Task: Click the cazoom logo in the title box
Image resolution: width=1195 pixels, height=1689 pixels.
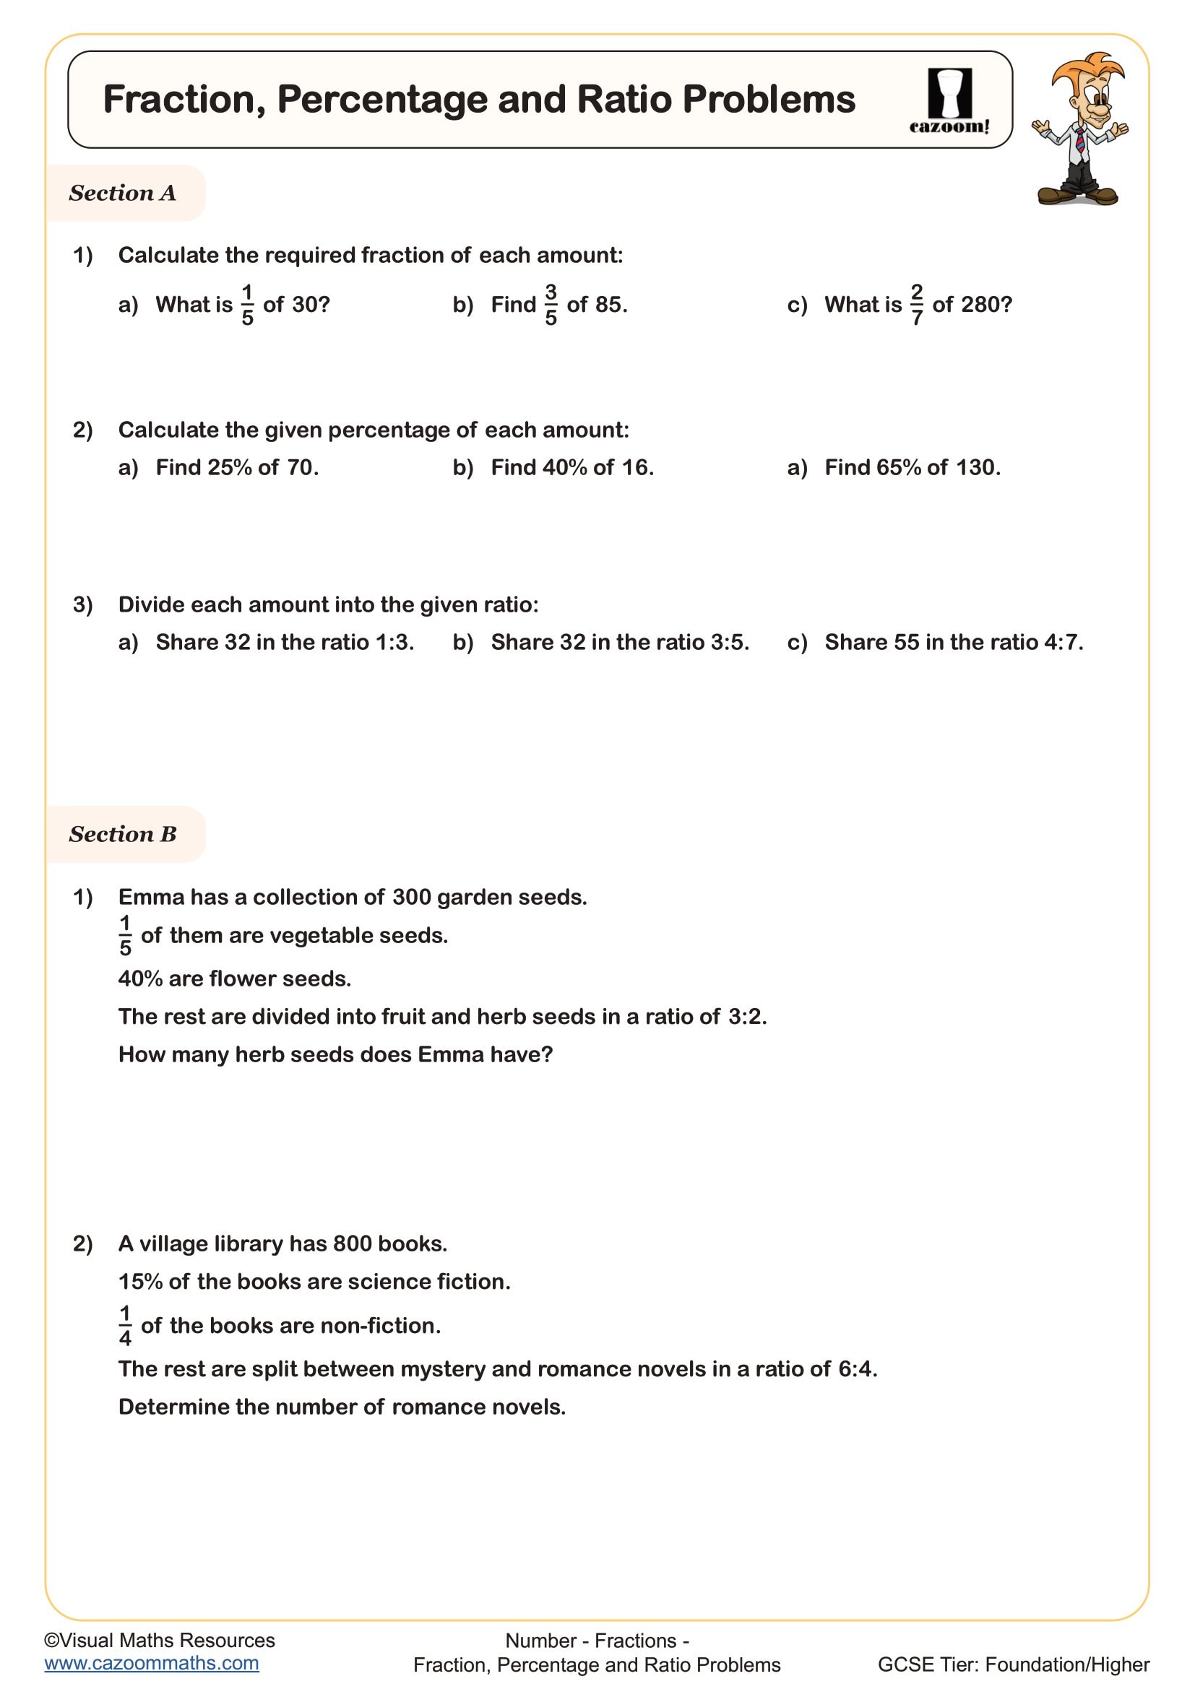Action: pos(949,101)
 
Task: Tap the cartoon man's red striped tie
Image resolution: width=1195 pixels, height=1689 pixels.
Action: pos(1079,139)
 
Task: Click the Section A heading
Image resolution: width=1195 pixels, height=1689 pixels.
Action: pos(123,193)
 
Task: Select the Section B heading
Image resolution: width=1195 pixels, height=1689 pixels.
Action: pos(123,834)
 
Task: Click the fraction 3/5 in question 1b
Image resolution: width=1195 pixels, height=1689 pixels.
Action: pos(551,305)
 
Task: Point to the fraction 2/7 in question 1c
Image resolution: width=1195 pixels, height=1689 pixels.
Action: pos(916,305)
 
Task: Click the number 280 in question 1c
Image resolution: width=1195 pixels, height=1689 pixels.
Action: pos(986,305)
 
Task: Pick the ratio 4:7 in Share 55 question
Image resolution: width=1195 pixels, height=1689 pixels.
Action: pos(1062,642)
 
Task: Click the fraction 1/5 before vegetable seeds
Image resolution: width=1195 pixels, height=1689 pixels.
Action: pos(125,935)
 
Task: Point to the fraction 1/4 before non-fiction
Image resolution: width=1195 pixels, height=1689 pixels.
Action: pos(125,1325)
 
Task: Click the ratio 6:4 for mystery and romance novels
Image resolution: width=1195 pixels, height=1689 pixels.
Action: pos(855,1369)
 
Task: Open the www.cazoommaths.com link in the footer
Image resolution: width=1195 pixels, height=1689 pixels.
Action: pos(152,1664)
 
